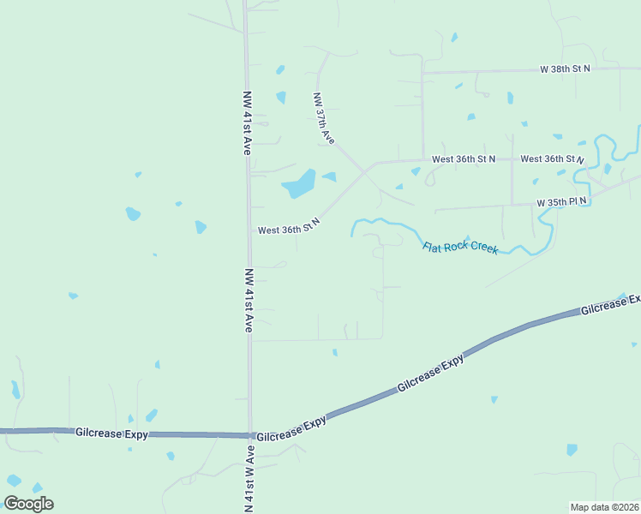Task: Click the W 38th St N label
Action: click(x=565, y=69)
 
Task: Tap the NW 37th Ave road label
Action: click(x=324, y=118)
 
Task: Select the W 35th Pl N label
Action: click(x=562, y=203)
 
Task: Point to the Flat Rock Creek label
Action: click(x=460, y=247)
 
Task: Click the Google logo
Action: click(x=28, y=504)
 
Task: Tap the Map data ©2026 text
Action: click(x=604, y=507)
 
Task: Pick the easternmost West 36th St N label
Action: click(x=552, y=159)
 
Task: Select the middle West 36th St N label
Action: click(x=464, y=159)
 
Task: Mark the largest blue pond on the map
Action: click(x=299, y=182)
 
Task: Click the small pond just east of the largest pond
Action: click(x=330, y=176)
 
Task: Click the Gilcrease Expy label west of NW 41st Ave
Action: click(x=111, y=433)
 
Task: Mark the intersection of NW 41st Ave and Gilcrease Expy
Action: click(x=250, y=435)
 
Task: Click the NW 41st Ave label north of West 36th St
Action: click(x=249, y=122)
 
